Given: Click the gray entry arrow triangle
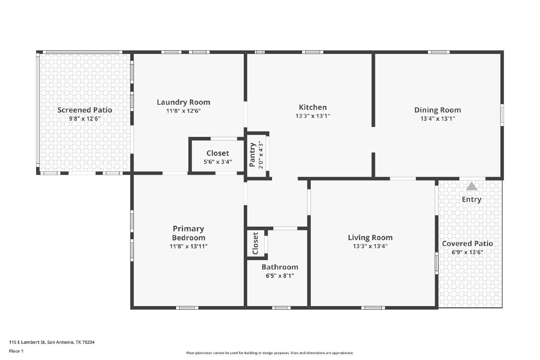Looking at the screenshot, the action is (x=471, y=186).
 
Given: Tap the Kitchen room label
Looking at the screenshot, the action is (x=313, y=107).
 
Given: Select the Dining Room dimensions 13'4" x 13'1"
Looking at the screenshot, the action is (x=437, y=118).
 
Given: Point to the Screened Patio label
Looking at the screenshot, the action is (x=85, y=110).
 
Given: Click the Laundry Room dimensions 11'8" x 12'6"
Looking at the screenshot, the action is (x=184, y=111).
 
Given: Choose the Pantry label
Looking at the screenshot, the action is (x=252, y=155).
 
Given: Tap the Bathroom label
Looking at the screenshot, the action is (x=280, y=267).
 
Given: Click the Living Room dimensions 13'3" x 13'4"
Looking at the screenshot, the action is (x=370, y=246).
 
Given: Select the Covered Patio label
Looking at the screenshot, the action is (x=467, y=244).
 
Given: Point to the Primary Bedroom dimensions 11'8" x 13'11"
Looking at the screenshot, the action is (x=189, y=246).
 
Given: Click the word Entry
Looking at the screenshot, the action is (x=471, y=199).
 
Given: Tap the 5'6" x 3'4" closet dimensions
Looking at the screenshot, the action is (x=218, y=162).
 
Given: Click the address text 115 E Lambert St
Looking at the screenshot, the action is (x=27, y=342).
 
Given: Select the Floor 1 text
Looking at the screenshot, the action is (x=16, y=351).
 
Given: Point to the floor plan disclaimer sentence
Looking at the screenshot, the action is (x=270, y=353).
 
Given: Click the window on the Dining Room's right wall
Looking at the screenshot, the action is (x=502, y=115).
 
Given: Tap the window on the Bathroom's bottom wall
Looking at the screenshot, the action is (x=281, y=308).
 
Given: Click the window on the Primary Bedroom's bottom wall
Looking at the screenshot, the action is (x=187, y=308).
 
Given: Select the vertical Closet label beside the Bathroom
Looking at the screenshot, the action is (x=255, y=243).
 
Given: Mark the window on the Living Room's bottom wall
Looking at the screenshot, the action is (x=373, y=308).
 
